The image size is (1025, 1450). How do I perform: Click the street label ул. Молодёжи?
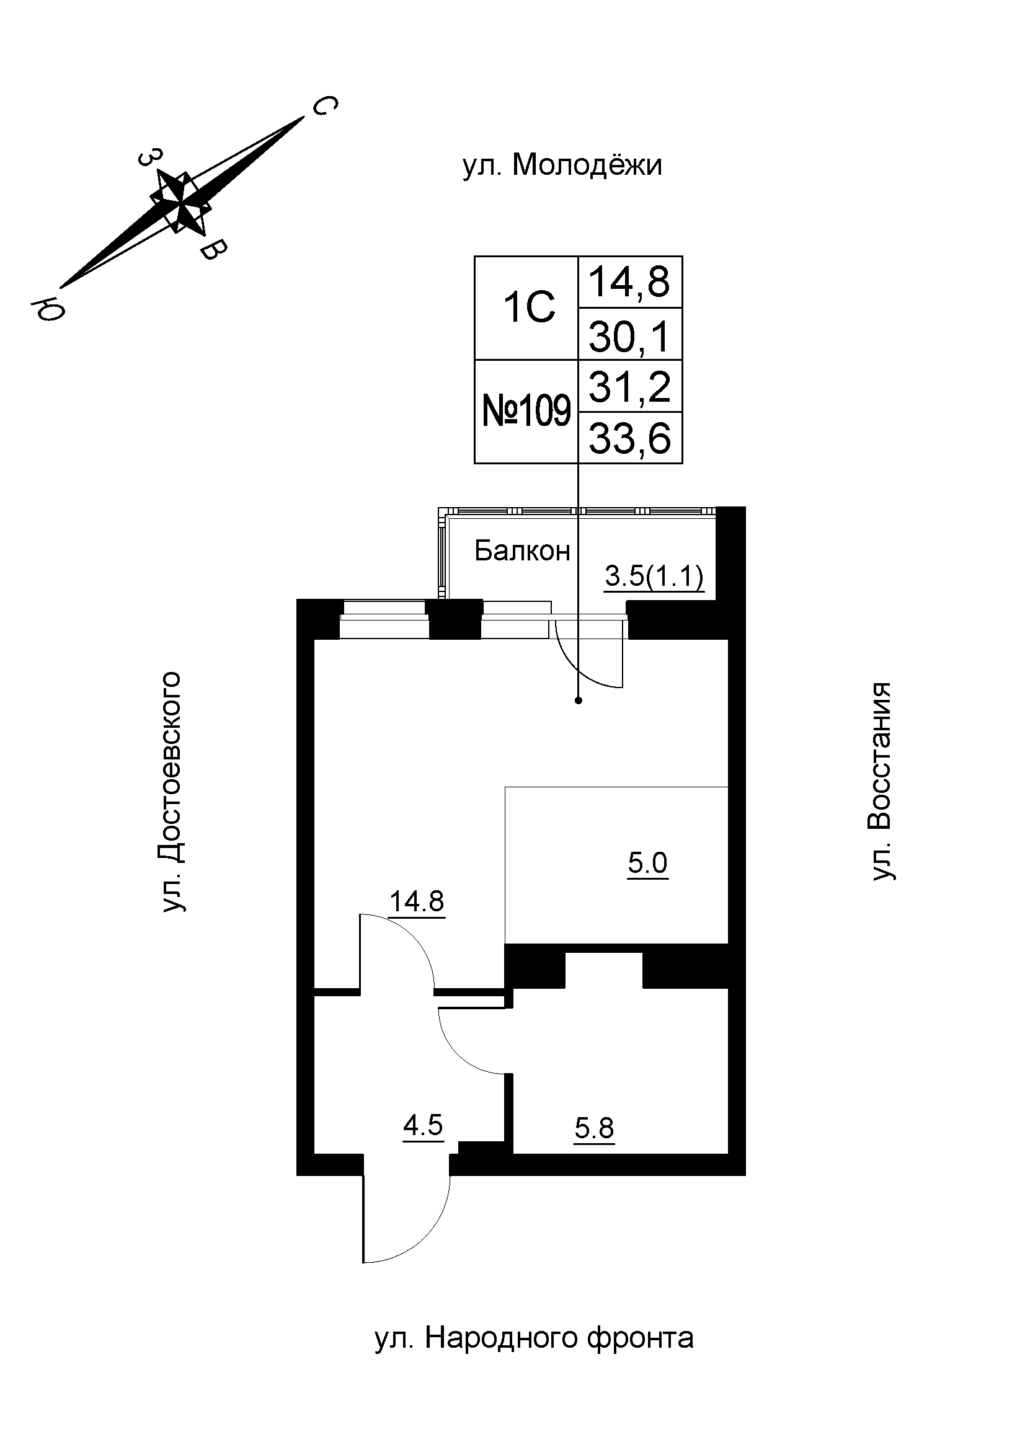(562, 166)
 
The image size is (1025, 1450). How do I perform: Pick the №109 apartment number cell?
(526, 412)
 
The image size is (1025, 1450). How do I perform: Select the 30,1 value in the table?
(629, 337)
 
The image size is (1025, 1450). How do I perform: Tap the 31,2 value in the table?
(629, 386)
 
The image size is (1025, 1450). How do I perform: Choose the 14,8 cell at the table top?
(629, 281)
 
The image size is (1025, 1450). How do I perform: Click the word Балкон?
(521, 551)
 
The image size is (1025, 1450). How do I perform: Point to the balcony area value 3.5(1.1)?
(654, 577)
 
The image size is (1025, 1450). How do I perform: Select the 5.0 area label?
(647, 864)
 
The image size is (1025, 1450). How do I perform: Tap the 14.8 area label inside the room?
(416, 902)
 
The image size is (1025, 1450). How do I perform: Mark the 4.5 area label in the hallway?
(422, 1125)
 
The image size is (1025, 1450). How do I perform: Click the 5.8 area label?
(593, 1128)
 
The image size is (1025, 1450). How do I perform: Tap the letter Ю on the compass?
(50, 307)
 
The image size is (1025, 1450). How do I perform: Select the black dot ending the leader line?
(578, 701)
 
